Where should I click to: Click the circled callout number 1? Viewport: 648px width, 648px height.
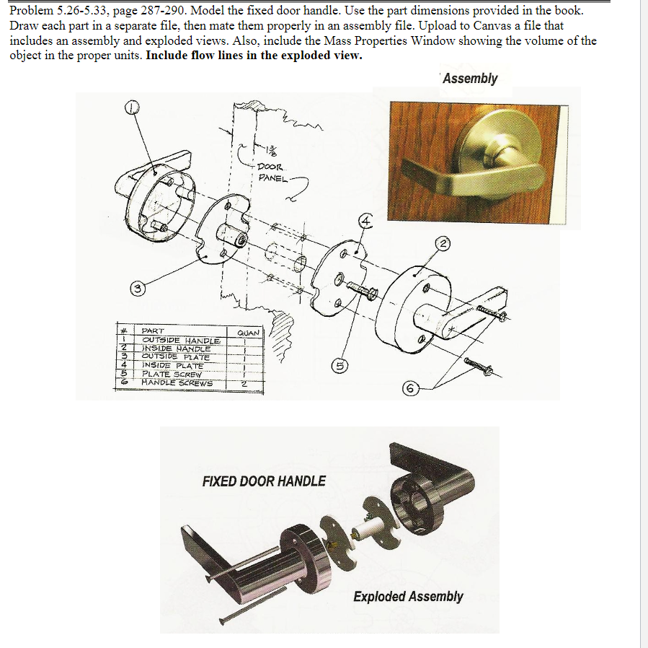(x=132, y=108)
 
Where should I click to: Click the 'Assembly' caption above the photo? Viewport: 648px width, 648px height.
(x=470, y=78)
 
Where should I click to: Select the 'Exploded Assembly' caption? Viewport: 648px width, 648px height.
(x=408, y=596)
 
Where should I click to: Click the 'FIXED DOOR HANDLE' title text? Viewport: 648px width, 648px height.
(x=264, y=481)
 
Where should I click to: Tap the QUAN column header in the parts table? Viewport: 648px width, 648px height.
(x=247, y=333)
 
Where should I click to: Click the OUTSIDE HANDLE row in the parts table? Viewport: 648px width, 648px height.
(x=180, y=340)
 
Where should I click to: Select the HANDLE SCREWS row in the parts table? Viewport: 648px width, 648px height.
(x=177, y=382)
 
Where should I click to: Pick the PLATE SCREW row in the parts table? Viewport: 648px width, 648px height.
(x=172, y=374)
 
